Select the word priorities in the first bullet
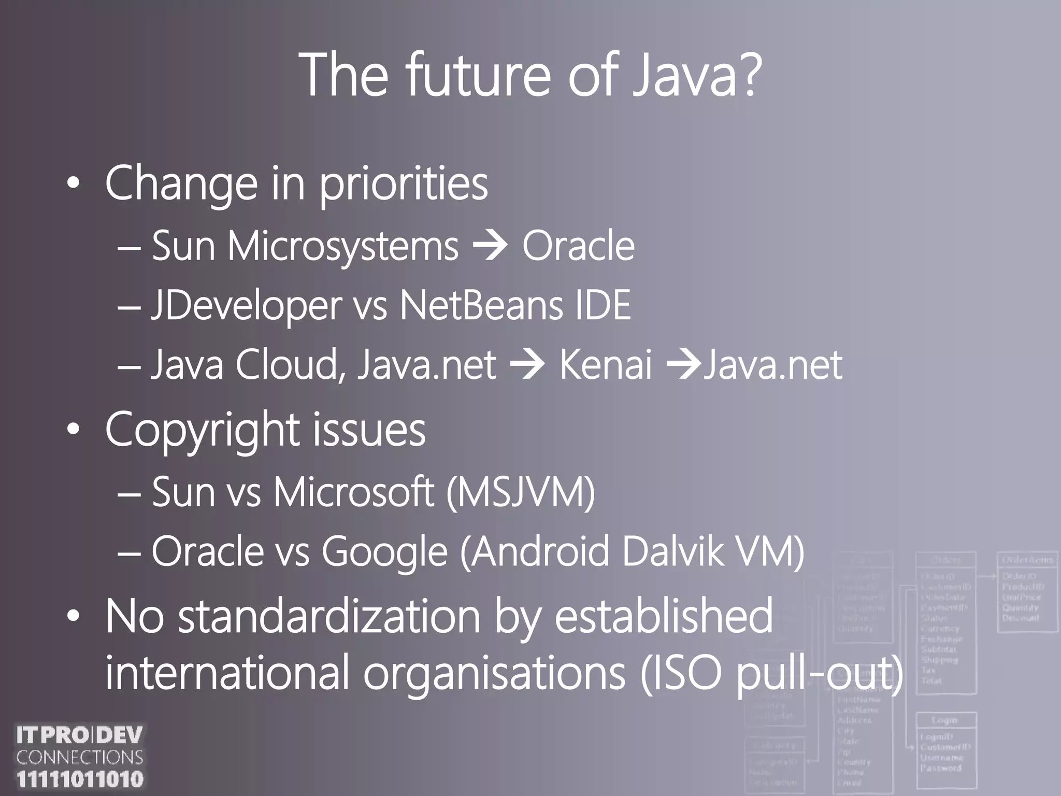tap(403, 184)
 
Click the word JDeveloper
tap(246, 306)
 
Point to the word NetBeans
tap(481, 306)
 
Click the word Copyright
tap(202, 430)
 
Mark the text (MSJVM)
tap(521, 492)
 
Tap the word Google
tap(384, 552)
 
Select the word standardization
tap(329, 617)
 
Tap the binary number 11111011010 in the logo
tap(80, 779)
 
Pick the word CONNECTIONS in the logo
tap(80, 757)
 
